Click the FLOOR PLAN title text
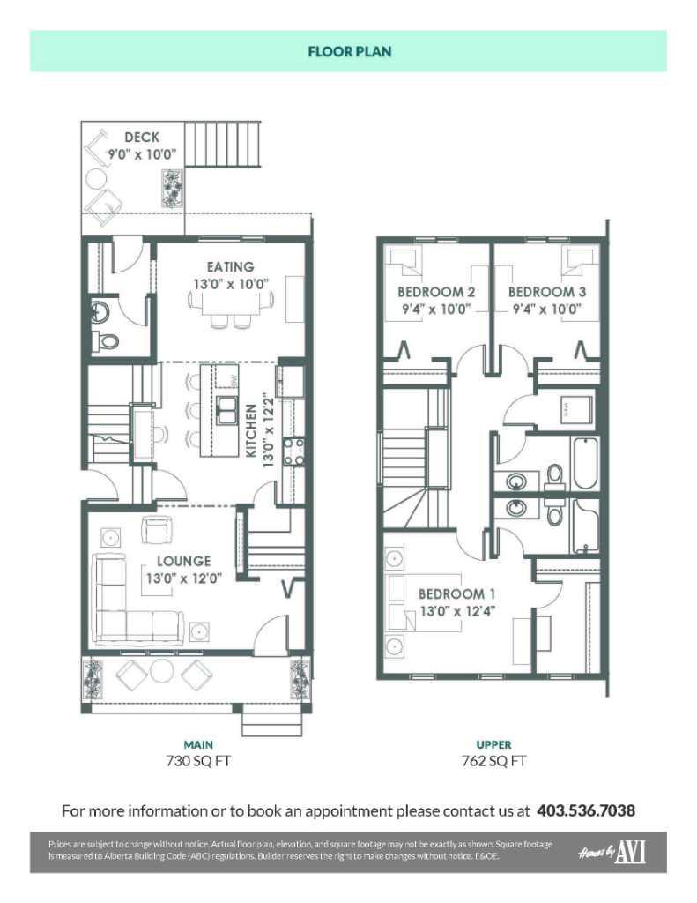point(349,51)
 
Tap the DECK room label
point(142,137)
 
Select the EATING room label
point(230,266)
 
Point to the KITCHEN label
point(251,430)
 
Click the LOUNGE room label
point(183,561)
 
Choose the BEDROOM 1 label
point(456,593)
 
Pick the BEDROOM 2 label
point(436,291)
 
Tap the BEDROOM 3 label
point(547,291)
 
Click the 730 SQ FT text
point(198,761)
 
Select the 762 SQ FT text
point(493,761)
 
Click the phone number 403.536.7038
point(586,811)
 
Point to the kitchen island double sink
point(226,410)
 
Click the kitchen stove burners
point(293,451)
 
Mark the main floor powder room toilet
point(106,340)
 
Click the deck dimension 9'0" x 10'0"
point(142,154)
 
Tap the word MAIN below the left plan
point(198,744)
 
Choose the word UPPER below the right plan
point(493,744)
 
